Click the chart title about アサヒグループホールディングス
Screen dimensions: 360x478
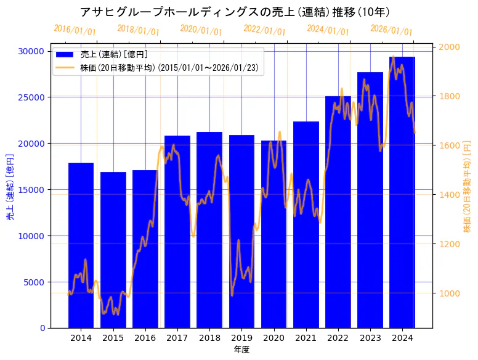pos(235,12)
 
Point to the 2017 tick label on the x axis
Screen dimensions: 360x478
pos(177,338)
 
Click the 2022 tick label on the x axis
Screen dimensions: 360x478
pos(338,338)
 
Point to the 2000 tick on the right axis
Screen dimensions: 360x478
pos(450,47)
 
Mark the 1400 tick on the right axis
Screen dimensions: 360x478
pos(450,195)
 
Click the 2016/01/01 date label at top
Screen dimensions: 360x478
pos(75,30)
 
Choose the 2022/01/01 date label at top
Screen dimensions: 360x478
pos(264,30)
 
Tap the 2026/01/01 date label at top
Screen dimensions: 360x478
pos(391,30)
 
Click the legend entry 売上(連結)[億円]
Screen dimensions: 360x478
pos(114,55)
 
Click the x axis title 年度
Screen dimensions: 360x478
pos(241,350)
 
